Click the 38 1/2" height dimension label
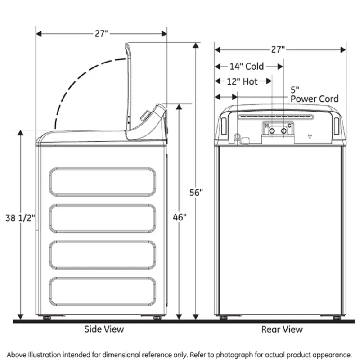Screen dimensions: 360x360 click(x=20, y=218)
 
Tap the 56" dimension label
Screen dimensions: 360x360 click(x=196, y=193)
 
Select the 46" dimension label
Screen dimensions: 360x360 click(x=180, y=217)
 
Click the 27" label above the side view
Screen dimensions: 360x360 click(x=102, y=34)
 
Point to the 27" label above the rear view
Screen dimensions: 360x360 click(x=278, y=49)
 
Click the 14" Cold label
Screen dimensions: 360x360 click(x=247, y=67)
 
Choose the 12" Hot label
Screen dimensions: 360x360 click(x=242, y=81)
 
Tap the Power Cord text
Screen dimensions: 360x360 click(x=315, y=99)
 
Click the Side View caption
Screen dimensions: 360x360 click(x=104, y=329)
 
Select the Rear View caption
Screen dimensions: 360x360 click(x=282, y=329)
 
